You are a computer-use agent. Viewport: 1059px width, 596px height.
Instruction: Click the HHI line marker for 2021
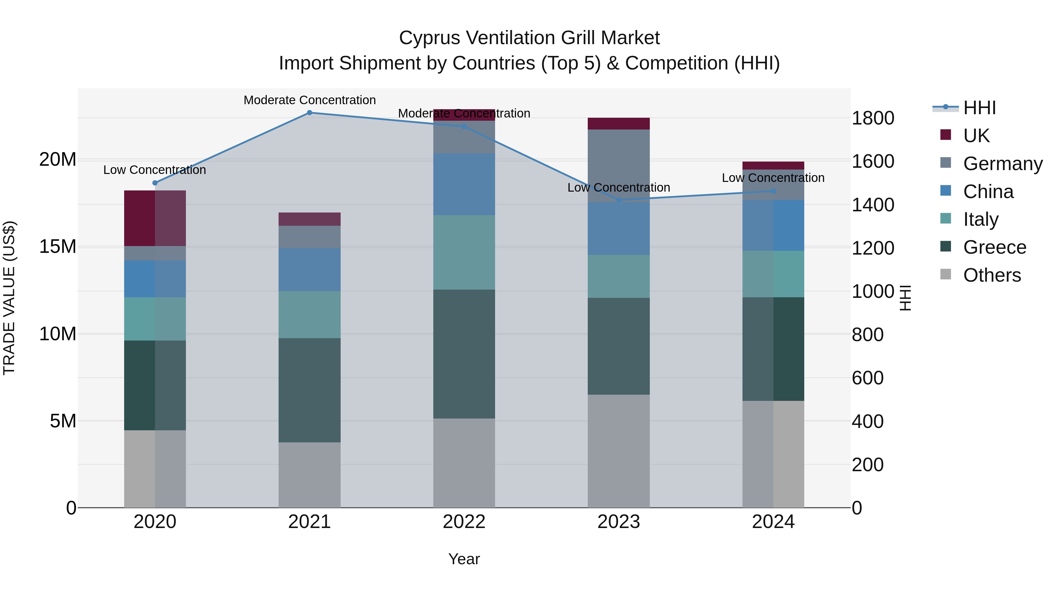tap(309, 113)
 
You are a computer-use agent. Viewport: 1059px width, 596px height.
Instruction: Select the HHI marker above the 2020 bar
tap(155, 183)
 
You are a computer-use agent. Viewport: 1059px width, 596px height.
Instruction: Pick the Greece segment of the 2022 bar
tap(464, 354)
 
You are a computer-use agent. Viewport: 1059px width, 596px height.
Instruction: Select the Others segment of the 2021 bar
tap(309, 475)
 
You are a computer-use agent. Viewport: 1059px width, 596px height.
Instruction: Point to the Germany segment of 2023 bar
tap(619, 166)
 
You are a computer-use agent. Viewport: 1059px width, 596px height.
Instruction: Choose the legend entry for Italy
tap(980, 219)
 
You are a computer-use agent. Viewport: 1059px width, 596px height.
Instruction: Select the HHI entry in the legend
tap(979, 108)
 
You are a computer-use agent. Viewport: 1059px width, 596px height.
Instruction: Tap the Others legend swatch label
tap(992, 275)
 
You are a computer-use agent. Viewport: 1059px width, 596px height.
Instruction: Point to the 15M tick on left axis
tap(58, 247)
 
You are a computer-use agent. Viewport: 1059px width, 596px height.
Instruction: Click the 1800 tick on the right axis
tap(873, 118)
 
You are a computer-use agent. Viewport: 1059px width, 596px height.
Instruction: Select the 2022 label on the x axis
tap(464, 522)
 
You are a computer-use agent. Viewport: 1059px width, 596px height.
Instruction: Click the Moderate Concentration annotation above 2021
tap(309, 100)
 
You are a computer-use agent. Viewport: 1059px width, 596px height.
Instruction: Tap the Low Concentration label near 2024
tap(773, 178)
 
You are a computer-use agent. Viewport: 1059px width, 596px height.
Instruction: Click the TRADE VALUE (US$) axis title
tap(9, 298)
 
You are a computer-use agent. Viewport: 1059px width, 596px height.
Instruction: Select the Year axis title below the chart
tap(464, 559)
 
